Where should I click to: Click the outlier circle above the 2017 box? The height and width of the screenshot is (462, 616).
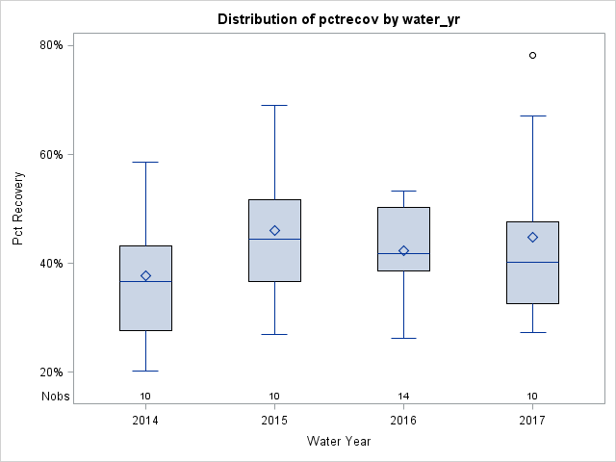(532, 56)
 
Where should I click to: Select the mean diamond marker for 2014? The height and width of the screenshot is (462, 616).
(145, 276)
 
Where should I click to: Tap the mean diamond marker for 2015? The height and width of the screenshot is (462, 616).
(274, 231)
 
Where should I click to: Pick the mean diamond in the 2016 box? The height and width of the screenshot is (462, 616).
(403, 251)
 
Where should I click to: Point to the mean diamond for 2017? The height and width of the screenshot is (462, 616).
(532, 238)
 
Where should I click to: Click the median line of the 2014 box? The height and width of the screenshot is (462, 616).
(145, 281)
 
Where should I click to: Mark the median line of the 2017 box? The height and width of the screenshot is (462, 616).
(532, 262)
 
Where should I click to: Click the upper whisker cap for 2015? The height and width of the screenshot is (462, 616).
(274, 105)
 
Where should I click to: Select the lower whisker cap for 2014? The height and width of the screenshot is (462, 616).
(145, 371)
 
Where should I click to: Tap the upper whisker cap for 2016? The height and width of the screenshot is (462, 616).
(403, 191)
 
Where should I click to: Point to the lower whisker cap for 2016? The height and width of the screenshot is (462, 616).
(403, 338)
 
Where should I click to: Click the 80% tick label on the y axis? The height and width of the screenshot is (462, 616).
(51, 45)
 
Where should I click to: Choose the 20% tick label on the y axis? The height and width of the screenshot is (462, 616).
(51, 372)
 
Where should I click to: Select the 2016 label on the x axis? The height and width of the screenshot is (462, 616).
(403, 421)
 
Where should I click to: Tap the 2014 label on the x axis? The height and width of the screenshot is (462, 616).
(145, 421)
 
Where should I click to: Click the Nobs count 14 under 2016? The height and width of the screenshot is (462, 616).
(403, 397)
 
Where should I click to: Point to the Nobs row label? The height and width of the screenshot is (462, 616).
(55, 397)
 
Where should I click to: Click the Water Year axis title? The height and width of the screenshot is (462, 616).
(339, 442)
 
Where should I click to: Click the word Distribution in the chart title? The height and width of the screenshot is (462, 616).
(256, 19)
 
